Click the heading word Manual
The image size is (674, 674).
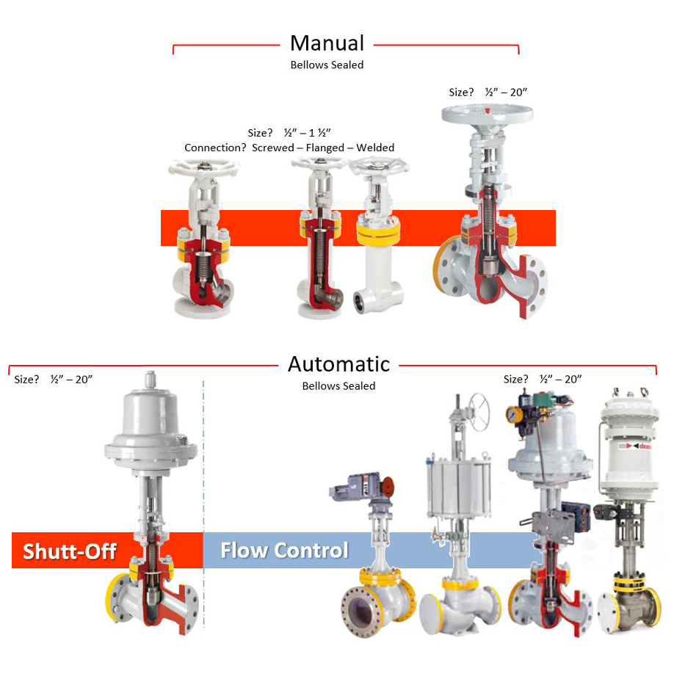[327, 43]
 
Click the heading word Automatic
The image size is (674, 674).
[338, 363]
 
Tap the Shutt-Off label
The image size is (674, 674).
[70, 551]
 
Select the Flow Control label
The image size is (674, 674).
[284, 550]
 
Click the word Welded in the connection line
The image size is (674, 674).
[375, 148]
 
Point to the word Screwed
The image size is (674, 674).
[272, 148]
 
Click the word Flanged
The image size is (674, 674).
[325, 148]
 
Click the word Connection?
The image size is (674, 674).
[215, 148]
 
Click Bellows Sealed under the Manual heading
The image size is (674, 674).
[327, 65]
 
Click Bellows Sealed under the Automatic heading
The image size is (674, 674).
[338, 385]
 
